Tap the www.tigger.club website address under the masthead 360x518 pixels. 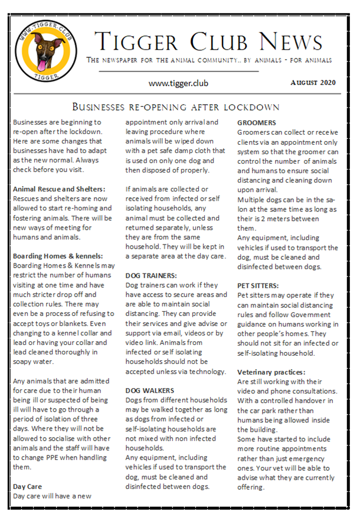point(178,83)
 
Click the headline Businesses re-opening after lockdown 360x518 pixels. point(176,107)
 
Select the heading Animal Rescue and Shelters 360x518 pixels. point(59,189)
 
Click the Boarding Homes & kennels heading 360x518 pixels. point(58,256)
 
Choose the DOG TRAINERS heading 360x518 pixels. point(151,276)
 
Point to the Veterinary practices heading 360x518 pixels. point(271,372)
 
